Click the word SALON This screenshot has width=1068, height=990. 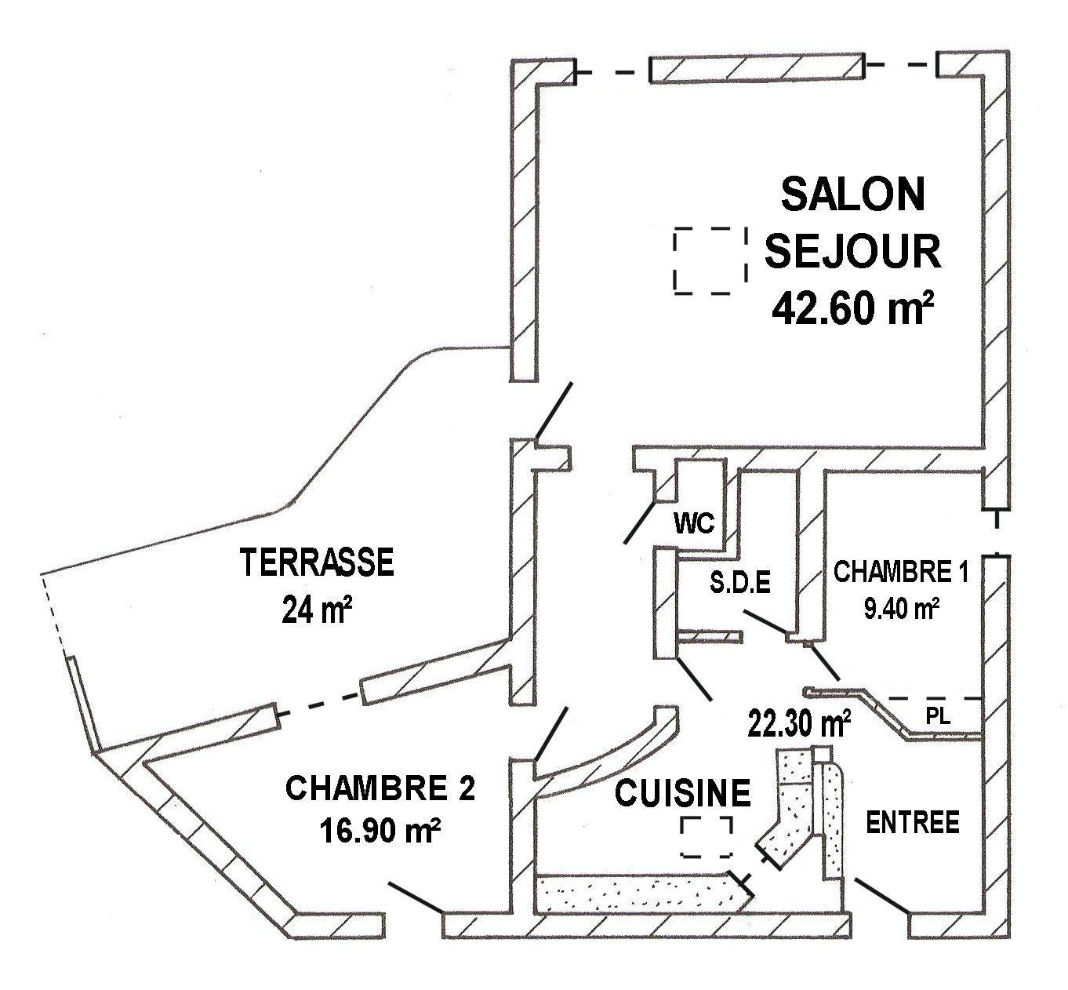852,195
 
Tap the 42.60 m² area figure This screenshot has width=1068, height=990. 852,308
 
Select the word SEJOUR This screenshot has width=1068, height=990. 852,251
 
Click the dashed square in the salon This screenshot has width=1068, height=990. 710,260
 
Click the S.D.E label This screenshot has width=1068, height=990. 740,583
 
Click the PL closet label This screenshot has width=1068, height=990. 938,715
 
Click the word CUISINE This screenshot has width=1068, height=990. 682,792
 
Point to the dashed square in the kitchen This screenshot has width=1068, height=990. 707,837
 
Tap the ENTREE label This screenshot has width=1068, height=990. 913,822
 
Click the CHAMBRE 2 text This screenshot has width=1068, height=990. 380,788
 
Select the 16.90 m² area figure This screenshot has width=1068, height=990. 380,830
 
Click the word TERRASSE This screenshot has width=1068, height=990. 318,562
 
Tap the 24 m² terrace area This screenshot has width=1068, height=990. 318,609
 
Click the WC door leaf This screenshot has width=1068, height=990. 640,522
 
